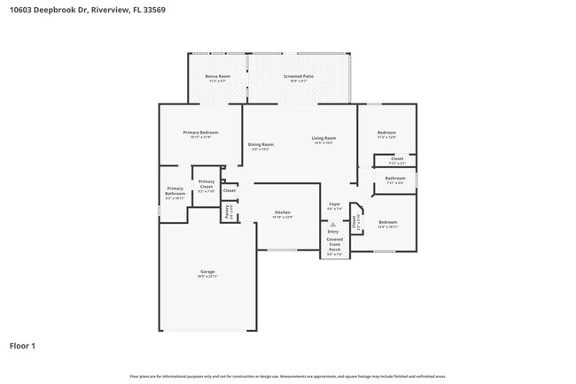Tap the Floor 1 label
coord(23,345)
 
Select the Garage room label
coord(206,273)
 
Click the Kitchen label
coord(283,214)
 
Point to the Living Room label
coord(323,139)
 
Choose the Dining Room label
coord(261,145)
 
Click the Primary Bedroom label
coord(200,134)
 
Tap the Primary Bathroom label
coord(175,192)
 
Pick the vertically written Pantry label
coord(227,212)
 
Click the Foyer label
coord(334,205)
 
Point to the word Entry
coord(333,232)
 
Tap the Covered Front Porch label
coord(334,244)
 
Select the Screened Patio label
coord(299,78)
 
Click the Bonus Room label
coord(217,78)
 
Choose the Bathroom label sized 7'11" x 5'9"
coord(395,180)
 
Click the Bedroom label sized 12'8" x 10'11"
coord(388,223)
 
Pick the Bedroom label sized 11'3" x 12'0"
coord(386,134)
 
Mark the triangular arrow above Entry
coord(333,225)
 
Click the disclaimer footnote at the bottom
coord(288,377)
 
